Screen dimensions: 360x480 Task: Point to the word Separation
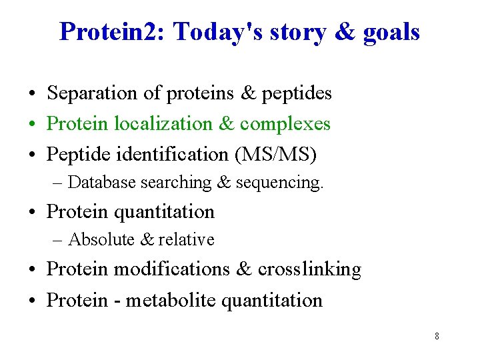[x=92, y=93]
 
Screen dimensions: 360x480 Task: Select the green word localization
[x=164, y=123]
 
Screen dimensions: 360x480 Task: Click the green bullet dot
[x=32, y=125]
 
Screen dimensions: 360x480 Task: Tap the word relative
[x=186, y=239]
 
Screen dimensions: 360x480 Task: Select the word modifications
[x=172, y=269]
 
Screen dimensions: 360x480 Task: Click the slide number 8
[x=437, y=336]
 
